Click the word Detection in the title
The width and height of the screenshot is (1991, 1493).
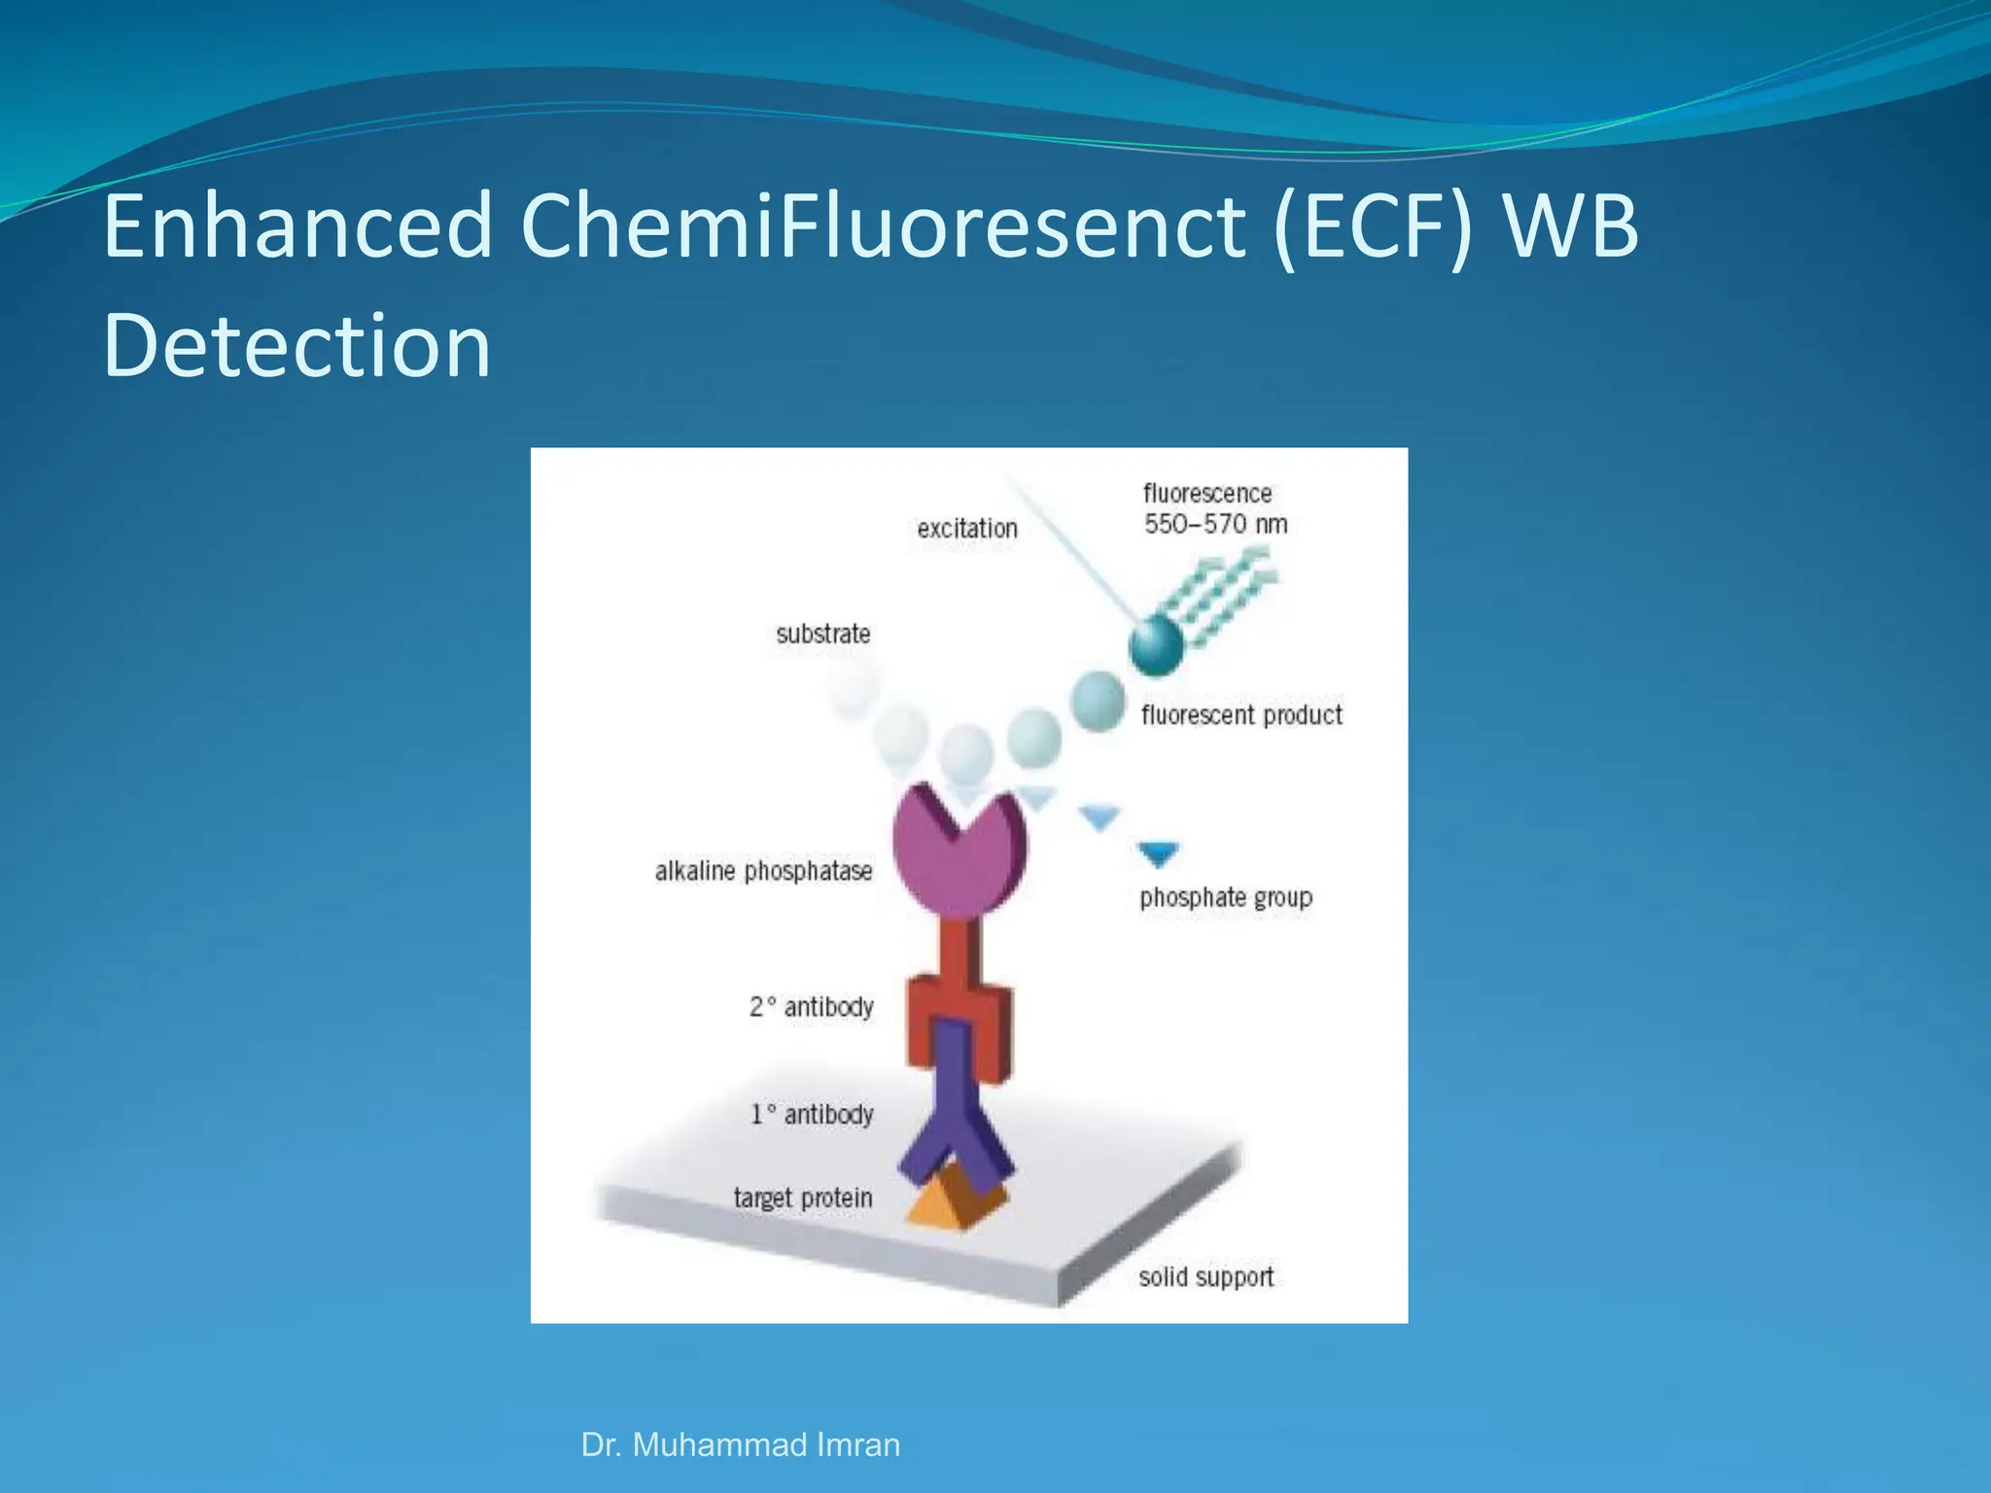[297, 346]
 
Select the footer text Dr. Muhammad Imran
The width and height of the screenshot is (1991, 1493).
[740, 1444]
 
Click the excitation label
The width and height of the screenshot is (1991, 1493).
[966, 529]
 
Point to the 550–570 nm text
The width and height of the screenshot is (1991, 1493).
[1214, 525]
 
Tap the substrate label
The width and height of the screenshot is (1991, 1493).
[822, 634]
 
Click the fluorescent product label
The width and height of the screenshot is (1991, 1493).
[1240, 715]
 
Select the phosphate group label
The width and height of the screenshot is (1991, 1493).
[1225, 897]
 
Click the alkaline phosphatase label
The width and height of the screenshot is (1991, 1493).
[763, 871]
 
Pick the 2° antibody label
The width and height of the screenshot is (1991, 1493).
[811, 1007]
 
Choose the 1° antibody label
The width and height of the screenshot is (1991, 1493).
[811, 1114]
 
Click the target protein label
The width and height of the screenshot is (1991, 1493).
[802, 1198]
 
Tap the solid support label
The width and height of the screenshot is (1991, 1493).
[1205, 1276]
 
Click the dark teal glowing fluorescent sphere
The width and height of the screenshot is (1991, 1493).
[1156, 643]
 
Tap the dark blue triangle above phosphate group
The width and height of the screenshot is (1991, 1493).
[1158, 853]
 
